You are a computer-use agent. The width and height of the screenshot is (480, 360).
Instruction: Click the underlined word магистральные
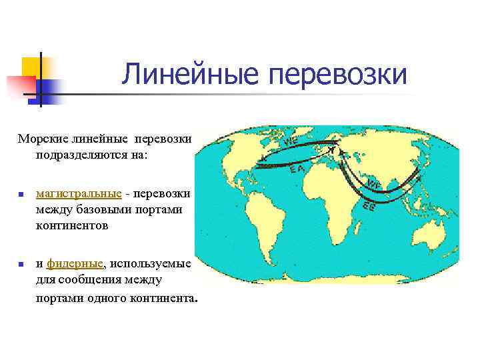79,193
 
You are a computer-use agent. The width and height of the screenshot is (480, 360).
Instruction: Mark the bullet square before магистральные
21,195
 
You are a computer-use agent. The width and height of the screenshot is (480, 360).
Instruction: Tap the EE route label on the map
369,207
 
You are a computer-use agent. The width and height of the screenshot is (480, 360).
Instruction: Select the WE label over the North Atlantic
290,142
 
